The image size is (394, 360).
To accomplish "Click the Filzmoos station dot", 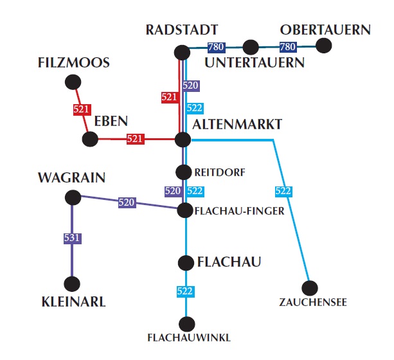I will pyautogui.click(x=73, y=82).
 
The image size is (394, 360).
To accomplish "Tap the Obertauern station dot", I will pyautogui.click(x=324, y=46).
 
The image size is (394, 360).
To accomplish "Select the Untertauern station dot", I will pyautogui.click(x=251, y=47).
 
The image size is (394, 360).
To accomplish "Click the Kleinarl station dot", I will pyautogui.click(x=72, y=283).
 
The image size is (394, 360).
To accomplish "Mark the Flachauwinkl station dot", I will pyautogui.click(x=187, y=324).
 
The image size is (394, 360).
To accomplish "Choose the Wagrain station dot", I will pyautogui.click(x=72, y=197).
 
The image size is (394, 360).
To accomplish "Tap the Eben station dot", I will pyautogui.click(x=91, y=138).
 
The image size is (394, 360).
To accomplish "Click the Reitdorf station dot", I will pyautogui.click(x=184, y=172).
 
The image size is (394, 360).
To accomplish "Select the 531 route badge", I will pyautogui.click(x=72, y=239).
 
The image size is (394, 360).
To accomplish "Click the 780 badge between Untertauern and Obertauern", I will pyautogui.click(x=287, y=47).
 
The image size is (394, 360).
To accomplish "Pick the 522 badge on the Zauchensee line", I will pyautogui.click(x=283, y=191).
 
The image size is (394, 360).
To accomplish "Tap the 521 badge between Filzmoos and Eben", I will pyautogui.click(x=81, y=109).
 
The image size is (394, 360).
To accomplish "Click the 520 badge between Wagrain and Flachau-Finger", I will pyautogui.click(x=127, y=203).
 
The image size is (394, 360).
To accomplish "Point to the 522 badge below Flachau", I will pyautogui.click(x=185, y=291).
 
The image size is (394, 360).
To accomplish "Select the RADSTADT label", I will pyautogui.click(x=182, y=30).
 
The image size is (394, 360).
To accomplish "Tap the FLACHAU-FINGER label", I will pyautogui.click(x=240, y=210).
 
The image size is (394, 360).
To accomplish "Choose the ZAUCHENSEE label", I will pyautogui.click(x=313, y=303).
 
